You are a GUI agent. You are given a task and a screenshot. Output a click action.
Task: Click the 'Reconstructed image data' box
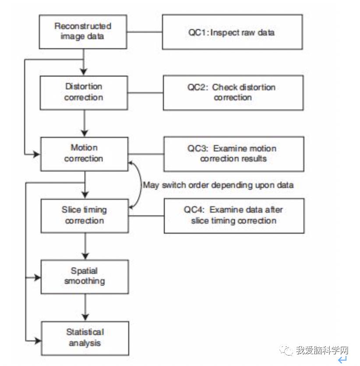click(83, 32)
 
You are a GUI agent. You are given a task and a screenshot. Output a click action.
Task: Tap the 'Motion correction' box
click(84, 153)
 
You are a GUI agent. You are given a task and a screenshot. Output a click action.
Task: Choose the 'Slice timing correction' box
click(85, 215)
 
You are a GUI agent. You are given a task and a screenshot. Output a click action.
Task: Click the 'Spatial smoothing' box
click(85, 276)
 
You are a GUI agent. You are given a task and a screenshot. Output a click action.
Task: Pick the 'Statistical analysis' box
click(85, 338)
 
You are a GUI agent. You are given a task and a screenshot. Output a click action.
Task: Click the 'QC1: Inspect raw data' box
click(232, 32)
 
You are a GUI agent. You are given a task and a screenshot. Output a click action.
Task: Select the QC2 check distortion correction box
click(233, 92)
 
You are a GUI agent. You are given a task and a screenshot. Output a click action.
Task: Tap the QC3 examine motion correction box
click(233, 154)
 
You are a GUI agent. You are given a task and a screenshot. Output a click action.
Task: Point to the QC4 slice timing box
click(234, 215)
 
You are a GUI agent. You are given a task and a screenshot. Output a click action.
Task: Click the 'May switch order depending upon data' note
click(218, 185)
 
